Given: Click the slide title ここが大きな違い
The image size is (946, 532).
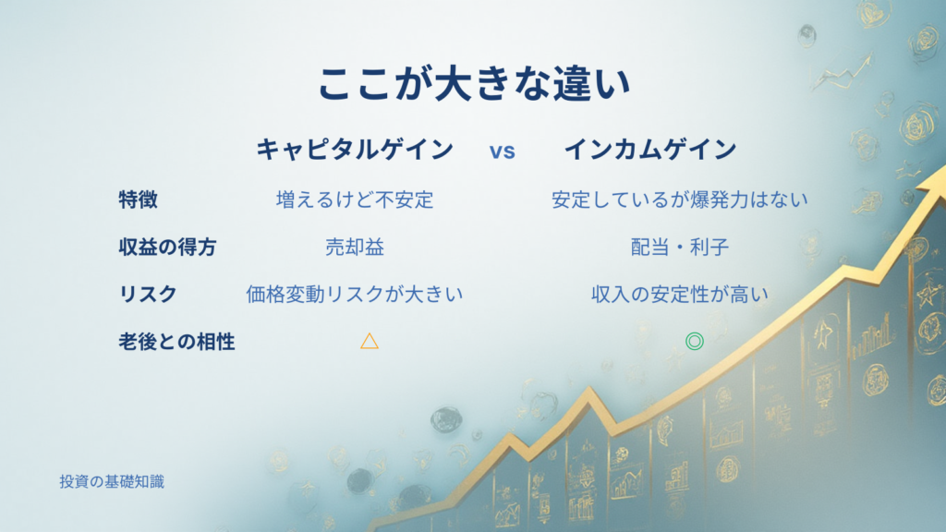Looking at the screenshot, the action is pyautogui.click(x=474, y=83).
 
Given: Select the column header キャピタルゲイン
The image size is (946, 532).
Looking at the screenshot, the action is pyautogui.click(x=355, y=149).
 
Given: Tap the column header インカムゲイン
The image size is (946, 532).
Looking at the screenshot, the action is pyautogui.click(x=650, y=149).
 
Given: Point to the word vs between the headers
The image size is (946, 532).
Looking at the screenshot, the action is pyautogui.click(x=502, y=151).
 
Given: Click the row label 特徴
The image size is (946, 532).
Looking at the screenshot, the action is pyautogui.click(x=139, y=199).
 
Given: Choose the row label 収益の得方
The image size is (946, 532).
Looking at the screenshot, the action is pyautogui.click(x=167, y=247).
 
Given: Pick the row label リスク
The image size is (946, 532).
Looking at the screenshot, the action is pyautogui.click(x=148, y=294).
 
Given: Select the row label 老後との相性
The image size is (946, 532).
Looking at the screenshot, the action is pyautogui.click(x=176, y=342).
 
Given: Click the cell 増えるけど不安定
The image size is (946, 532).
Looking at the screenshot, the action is pyautogui.click(x=355, y=199).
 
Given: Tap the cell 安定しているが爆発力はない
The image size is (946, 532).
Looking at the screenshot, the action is pyautogui.click(x=679, y=199).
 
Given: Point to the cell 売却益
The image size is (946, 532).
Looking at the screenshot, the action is pyautogui.click(x=355, y=247).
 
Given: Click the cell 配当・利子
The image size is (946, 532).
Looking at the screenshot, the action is pyautogui.click(x=679, y=247).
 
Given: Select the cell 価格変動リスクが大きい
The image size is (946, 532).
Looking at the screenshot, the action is pyautogui.click(x=355, y=294).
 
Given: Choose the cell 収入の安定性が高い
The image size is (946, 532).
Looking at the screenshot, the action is pyautogui.click(x=679, y=294).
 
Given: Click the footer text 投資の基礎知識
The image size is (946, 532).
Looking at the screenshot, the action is pyautogui.click(x=112, y=481).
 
